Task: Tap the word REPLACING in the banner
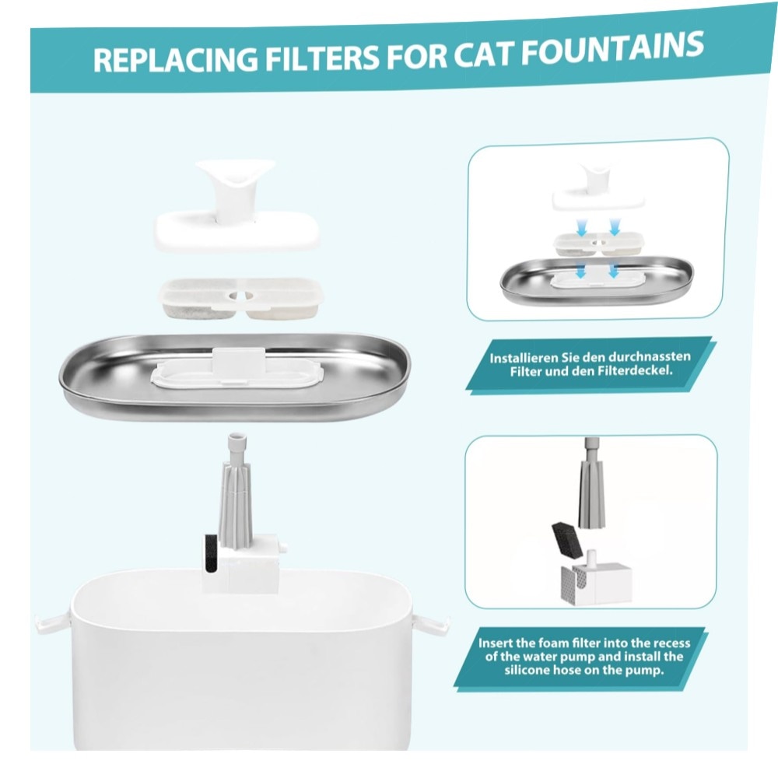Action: [x=176, y=59]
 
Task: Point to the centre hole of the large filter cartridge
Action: [x=240, y=296]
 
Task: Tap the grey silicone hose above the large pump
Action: [x=236, y=490]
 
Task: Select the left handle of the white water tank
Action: [x=53, y=622]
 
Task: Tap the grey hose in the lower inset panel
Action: [x=591, y=483]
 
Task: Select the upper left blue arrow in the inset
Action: [x=581, y=226]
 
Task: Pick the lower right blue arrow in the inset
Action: [x=614, y=270]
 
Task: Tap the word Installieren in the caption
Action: [x=524, y=358]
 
